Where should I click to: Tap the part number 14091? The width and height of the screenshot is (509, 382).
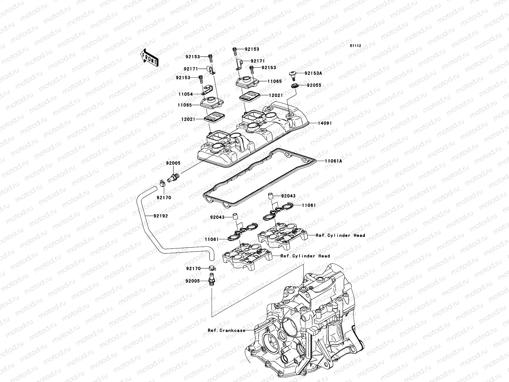click(x=324, y=123)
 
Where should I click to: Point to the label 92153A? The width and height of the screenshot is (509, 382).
click(x=313, y=73)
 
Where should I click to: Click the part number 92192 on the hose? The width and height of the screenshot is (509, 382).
click(x=160, y=216)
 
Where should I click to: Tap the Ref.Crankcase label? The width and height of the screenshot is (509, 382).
click(x=227, y=330)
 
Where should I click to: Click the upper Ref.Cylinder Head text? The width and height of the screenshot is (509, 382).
click(x=340, y=235)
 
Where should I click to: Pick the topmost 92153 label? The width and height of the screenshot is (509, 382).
click(x=252, y=49)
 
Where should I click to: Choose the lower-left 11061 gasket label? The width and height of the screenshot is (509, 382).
click(x=212, y=239)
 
